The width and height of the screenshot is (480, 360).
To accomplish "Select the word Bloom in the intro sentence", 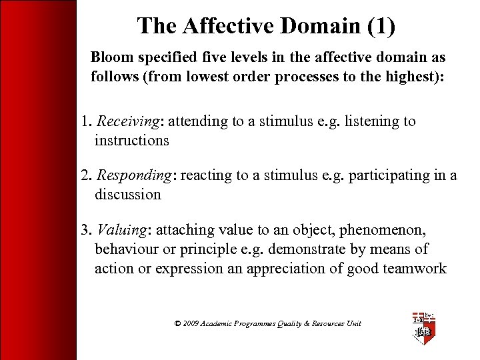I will [111, 58].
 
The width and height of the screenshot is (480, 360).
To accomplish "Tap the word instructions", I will [131, 140].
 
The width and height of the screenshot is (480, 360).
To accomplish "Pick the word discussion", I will [127, 194].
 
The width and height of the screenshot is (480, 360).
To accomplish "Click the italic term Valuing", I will [123, 230].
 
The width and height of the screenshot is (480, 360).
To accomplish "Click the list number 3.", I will [85, 230].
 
